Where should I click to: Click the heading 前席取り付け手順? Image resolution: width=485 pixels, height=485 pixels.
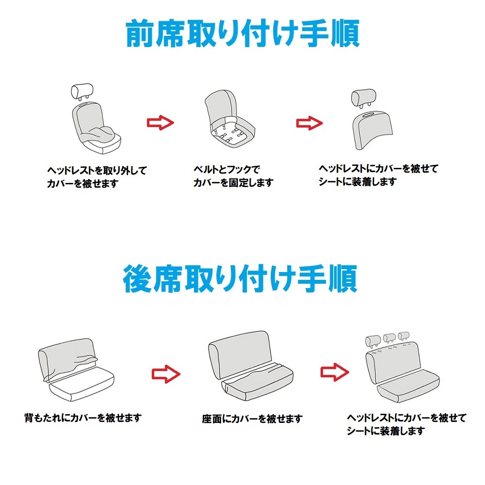(242, 33)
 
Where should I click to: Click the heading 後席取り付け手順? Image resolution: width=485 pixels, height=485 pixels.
(241, 278)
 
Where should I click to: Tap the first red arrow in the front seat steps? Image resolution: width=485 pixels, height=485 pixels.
(160, 123)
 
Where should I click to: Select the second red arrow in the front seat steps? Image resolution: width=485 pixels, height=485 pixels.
(309, 123)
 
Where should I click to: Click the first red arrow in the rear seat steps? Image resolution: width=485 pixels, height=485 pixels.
(166, 374)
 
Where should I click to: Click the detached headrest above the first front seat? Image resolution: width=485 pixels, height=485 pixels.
(82, 92)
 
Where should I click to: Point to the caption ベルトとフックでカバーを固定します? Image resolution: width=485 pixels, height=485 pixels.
(234, 176)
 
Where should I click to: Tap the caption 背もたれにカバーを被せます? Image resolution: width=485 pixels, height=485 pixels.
(83, 418)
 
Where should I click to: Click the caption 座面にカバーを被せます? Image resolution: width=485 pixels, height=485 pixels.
(252, 419)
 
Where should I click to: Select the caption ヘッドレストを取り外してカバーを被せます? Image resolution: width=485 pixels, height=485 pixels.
(97, 177)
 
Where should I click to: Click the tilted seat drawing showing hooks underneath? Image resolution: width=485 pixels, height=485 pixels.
(230, 119)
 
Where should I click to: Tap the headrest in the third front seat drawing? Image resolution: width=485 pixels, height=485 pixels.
(363, 98)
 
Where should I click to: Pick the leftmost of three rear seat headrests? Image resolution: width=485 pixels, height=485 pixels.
(373, 341)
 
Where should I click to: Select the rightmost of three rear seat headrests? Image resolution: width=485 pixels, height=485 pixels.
(404, 336)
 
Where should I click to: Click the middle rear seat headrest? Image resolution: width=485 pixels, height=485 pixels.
(389, 338)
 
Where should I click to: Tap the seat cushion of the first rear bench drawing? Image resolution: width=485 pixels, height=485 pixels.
(81, 384)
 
